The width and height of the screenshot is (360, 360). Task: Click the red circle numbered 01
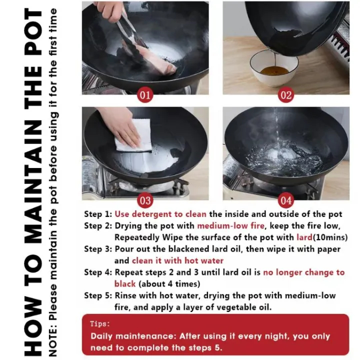coord(145,94)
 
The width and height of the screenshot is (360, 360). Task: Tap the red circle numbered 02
coord(286,94)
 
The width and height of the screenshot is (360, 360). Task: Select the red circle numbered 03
coord(145,200)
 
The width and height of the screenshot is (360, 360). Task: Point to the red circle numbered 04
coord(286,200)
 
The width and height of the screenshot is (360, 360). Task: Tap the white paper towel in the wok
coord(133,136)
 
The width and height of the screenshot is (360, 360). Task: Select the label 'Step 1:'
coord(98,214)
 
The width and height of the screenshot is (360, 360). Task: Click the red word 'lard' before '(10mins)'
coord(304,237)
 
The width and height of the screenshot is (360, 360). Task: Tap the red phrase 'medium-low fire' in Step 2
coord(230,225)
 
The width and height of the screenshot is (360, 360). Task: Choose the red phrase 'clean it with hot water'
coord(177,260)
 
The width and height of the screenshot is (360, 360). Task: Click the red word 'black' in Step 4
coord(125,284)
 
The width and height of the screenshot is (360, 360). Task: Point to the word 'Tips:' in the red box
coord(100,323)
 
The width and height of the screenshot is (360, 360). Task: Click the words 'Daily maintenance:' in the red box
coord(133,336)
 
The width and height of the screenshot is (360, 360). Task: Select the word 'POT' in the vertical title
coord(33,32)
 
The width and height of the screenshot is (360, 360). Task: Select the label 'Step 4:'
coord(98,272)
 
